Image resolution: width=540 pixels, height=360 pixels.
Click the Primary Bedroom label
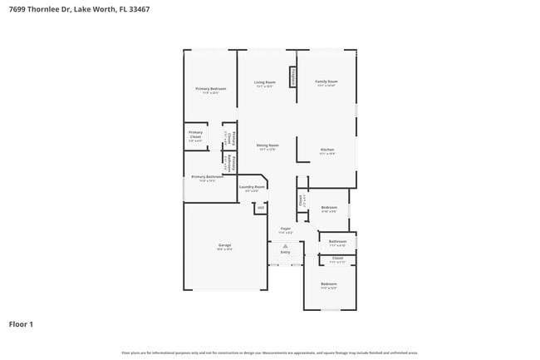(210, 88)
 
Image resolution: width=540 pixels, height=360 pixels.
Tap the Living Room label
(265, 82)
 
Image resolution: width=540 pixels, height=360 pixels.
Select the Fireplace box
(293, 76)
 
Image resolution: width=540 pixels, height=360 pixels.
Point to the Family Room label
(326, 81)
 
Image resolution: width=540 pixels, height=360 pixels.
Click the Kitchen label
(327, 150)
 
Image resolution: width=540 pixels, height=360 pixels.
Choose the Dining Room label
(268, 145)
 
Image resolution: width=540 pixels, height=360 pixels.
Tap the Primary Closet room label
(195, 134)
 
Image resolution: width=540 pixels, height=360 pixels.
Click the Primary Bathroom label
(207, 176)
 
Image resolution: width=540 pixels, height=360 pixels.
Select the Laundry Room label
(252, 187)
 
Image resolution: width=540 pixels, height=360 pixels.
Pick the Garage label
(224, 245)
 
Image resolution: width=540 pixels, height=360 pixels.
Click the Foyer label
(285, 228)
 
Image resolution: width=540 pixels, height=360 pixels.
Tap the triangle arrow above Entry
(285, 246)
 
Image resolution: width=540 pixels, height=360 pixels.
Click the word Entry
(285, 252)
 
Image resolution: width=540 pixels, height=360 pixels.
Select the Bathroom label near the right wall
(337, 241)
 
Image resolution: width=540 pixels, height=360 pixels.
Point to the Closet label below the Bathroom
(337, 258)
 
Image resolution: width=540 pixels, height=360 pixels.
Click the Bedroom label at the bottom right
(329, 285)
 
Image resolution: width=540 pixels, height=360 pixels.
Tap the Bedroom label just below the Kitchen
(329, 207)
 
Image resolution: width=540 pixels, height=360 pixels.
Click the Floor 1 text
(21, 324)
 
